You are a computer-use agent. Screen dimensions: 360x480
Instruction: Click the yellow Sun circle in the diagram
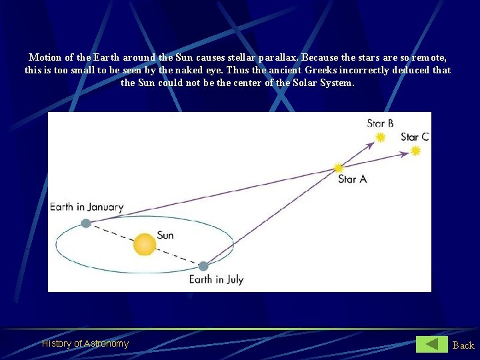tap(144, 245)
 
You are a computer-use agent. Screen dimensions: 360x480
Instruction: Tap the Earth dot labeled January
tap(86, 223)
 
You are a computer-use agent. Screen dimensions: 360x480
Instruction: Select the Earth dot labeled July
tap(203, 266)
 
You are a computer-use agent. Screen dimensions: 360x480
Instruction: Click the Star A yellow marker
tap(339, 167)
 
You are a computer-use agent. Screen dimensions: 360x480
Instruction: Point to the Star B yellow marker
tap(380, 137)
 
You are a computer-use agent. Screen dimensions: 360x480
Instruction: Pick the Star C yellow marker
tap(415, 151)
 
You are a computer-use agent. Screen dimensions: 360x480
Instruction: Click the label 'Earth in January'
tap(87, 207)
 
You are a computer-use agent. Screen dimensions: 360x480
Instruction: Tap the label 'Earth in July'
tap(216, 280)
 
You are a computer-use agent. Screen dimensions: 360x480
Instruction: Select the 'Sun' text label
tap(165, 235)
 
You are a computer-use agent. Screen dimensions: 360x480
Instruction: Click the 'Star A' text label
tap(352, 179)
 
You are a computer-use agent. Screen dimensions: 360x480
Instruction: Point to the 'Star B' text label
tap(380, 123)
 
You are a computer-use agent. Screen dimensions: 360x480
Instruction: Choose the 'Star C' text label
tap(414, 137)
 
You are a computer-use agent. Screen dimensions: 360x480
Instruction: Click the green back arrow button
tap(432, 344)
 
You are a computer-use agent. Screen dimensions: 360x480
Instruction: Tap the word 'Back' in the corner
tap(463, 345)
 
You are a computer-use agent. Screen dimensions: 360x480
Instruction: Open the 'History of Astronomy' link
tap(85, 343)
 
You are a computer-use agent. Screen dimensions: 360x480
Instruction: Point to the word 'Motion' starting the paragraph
tap(44, 57)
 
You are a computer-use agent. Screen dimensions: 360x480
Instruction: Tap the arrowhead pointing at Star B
tap(371, 142)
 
